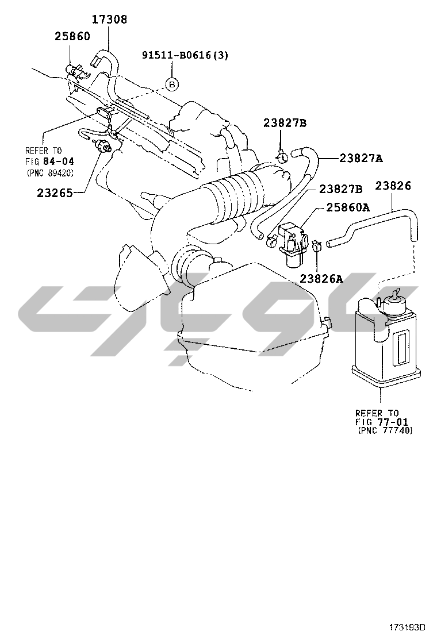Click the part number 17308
coord(109,19)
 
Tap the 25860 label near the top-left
coord(72,36)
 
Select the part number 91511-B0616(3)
coord(185,55)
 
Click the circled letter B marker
coord(172,84)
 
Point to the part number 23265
coord(55,193)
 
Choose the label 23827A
coord(361,159)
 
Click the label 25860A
coord(348,207)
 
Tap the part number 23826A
coord(321,279)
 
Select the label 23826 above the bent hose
coord(393,186)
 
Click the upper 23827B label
coord(285,122)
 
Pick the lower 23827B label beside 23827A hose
coord(341,189)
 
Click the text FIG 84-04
coord(49,162)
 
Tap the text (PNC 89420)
coord(51,173)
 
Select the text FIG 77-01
coord(382,422)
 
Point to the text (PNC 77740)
coord(385,430)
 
